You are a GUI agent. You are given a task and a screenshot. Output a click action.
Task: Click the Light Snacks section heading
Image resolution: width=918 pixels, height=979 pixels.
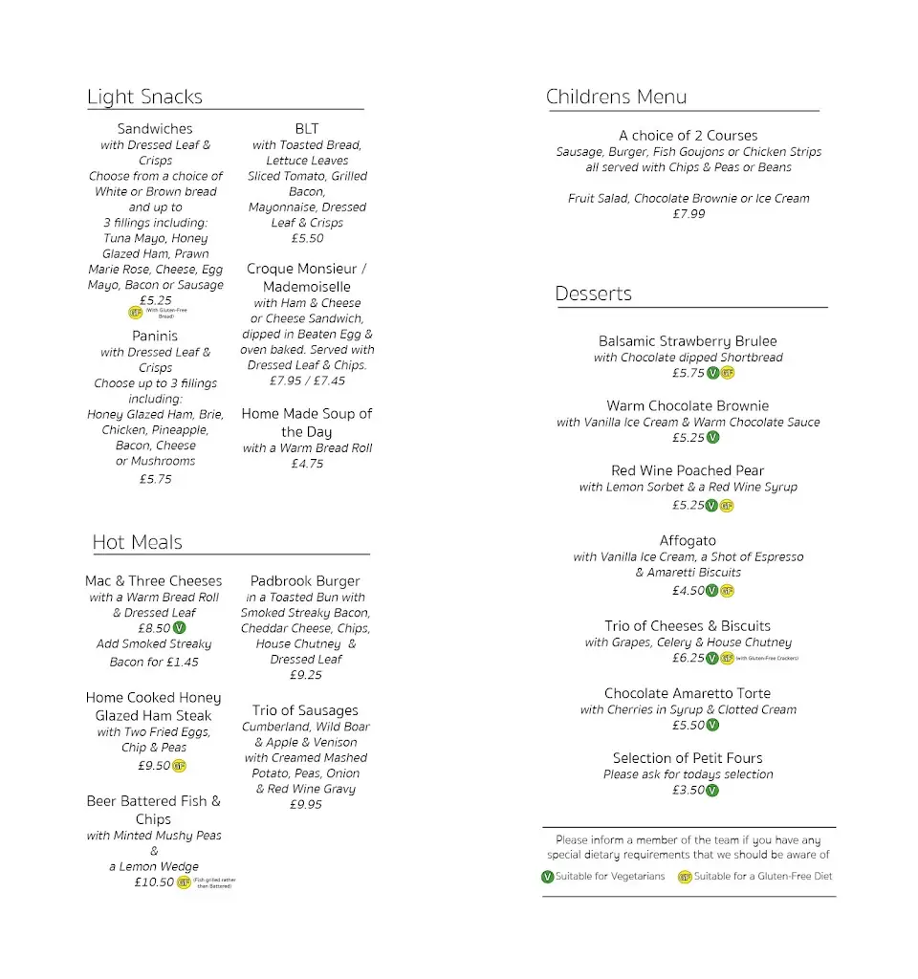(x=144, y=97)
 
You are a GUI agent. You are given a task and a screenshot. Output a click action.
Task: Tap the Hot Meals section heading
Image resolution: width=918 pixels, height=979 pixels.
(x=137, y=542)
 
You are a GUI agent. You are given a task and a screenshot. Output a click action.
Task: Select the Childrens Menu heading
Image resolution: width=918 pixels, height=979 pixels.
(x=616, y=97)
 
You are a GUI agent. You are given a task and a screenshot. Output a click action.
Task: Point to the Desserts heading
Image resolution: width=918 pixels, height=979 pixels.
(x=593, y=294)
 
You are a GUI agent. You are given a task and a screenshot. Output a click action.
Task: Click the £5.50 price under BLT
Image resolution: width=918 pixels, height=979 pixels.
(x=307, y=238)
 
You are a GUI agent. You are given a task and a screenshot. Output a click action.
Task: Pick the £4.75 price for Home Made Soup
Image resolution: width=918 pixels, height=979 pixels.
(x=307, y=464)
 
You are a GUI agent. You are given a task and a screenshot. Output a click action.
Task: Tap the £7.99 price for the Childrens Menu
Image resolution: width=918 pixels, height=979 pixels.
(x=688, y=214)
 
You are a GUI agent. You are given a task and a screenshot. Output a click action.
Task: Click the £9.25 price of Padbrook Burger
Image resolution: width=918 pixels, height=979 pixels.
(x=305, y=675)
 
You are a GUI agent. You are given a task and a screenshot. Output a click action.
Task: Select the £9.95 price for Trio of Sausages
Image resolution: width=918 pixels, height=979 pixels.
(x=305, y=805)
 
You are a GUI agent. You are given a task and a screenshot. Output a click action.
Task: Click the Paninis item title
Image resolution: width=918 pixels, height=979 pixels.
(x=155, y=336)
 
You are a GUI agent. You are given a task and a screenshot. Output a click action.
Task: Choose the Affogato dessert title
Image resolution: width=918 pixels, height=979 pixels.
(x=688, y=541)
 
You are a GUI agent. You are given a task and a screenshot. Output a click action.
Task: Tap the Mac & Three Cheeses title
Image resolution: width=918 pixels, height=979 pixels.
(x=153, y=581)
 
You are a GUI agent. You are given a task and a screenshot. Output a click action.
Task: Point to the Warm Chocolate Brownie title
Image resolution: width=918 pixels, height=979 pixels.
(x=688, y=406)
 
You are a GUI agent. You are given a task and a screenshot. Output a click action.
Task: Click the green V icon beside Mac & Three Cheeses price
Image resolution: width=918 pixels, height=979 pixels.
(x=180, y=628)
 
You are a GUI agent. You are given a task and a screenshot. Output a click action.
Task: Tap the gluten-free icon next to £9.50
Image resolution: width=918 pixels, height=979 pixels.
(x=180, y=766)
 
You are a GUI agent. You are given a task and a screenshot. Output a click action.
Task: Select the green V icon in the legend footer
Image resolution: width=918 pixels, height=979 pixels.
(x=548, y=877)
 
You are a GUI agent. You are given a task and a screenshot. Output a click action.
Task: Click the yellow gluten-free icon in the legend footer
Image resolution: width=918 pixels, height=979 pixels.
(x=685, y=877)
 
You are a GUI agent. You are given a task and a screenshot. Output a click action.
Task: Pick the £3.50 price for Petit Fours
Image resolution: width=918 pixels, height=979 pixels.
(x=688, y=791)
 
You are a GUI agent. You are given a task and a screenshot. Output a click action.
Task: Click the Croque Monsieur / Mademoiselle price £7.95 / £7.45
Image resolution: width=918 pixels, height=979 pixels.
(x=307, y=381)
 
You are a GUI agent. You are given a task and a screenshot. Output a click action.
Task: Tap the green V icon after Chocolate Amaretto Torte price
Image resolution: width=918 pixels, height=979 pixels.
(x=712, y=726)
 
